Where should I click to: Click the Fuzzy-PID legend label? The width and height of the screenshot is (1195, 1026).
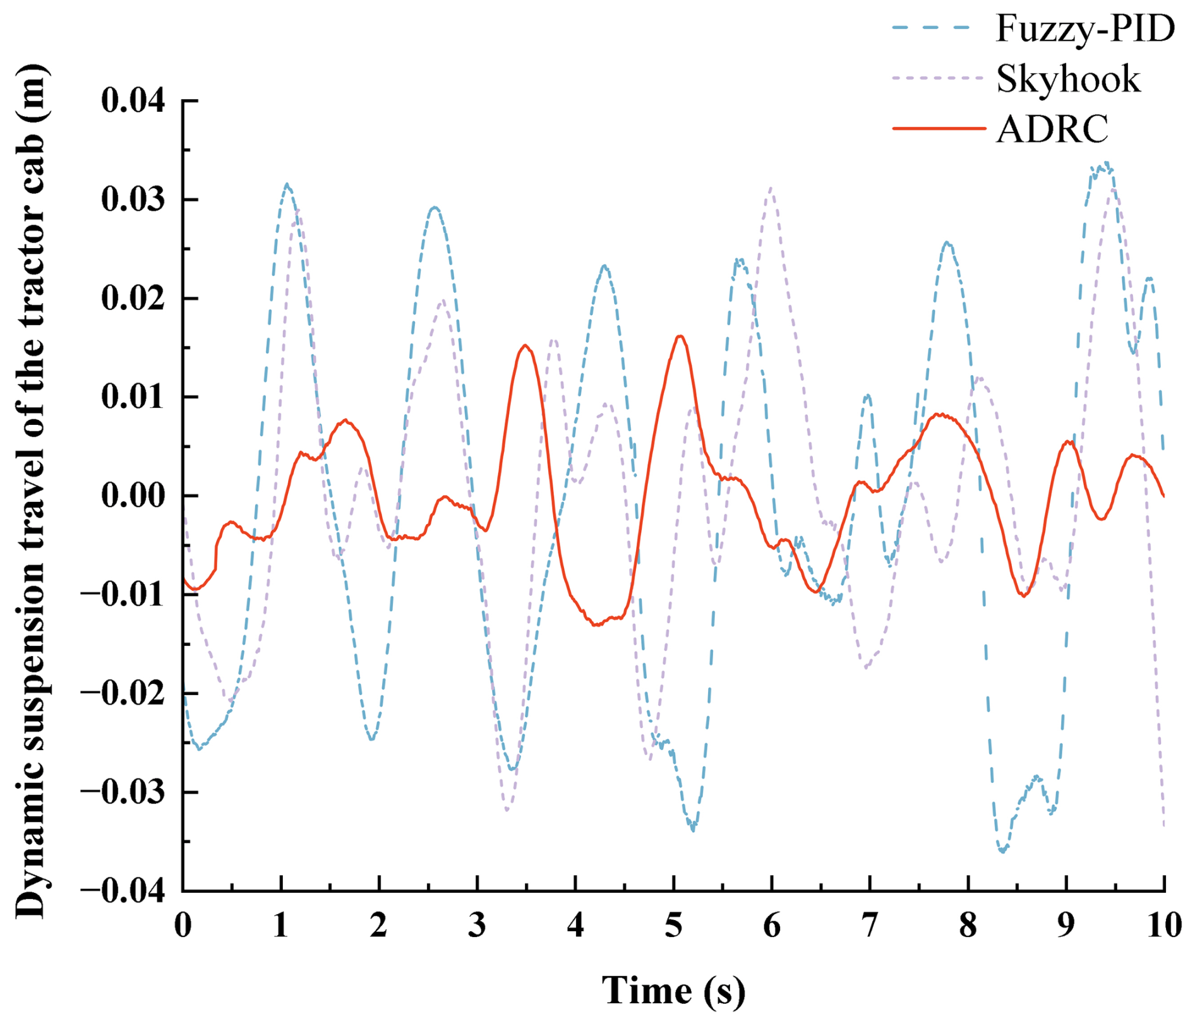point(1084,28)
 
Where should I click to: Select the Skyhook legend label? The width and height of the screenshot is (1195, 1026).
point(1068,79)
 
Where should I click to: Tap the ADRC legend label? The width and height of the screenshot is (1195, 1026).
point(1052,129)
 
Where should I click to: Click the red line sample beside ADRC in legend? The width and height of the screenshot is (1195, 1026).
point(939,128)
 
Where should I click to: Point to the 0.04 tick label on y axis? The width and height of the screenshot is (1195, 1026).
point(133,101)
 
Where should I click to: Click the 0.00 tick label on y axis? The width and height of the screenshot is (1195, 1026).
point(133,496)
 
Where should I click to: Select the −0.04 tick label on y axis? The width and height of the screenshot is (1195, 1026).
point(123,892)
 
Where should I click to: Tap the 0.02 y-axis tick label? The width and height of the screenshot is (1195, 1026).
point(133,299)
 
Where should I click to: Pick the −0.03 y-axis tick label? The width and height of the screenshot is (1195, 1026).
point(123,793)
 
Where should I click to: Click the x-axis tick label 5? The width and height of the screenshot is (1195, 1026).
point(674,926)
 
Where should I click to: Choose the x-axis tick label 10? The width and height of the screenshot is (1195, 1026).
point(1164,926)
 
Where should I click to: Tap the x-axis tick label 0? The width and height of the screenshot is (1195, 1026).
point(183,926)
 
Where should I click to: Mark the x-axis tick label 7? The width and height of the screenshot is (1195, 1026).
point(870,926)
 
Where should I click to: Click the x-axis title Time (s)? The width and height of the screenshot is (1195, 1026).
point(673,990)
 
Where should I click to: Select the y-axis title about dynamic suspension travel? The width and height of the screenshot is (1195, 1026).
point(30,492)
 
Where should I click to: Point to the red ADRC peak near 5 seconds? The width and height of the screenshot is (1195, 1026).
point(680,336)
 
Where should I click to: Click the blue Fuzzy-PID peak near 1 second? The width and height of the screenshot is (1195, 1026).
point(287,184)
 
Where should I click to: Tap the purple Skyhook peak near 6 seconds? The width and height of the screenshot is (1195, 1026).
point(771,188)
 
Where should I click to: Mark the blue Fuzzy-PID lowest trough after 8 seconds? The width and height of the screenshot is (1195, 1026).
point(1002,852)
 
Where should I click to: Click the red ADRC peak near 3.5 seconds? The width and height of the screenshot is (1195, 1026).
point(525,345)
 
